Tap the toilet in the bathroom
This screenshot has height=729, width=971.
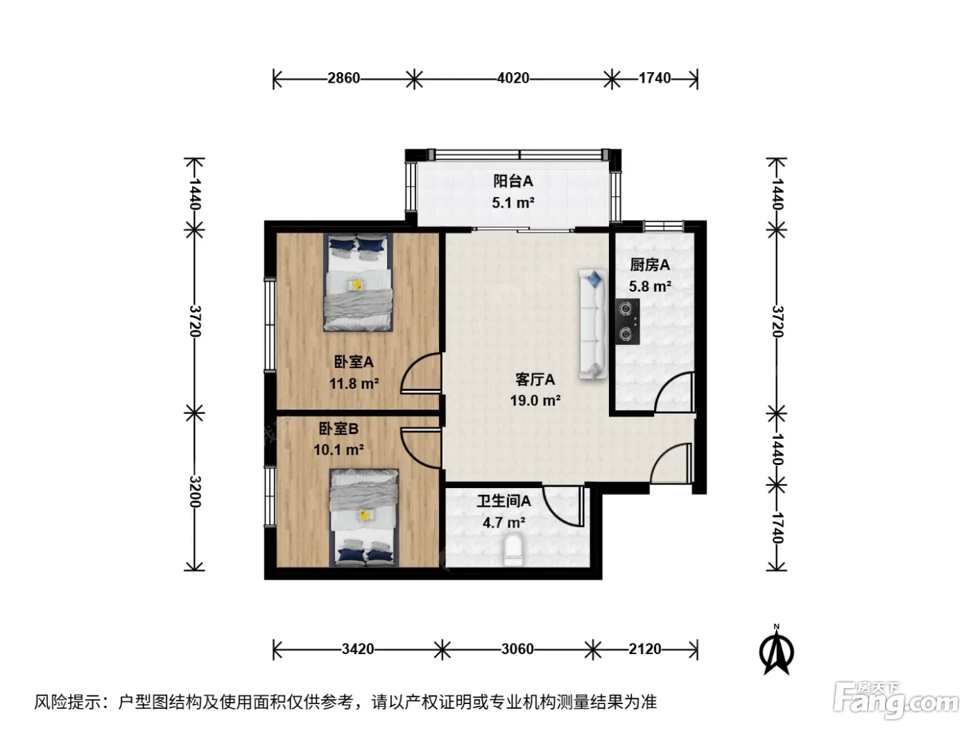pyautogui.click(x=513, y=550)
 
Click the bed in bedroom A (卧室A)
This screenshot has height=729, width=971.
pyautogui.click(x=358, y=282)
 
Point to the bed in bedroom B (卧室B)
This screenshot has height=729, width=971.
pyautogui.click(x=364, y=518)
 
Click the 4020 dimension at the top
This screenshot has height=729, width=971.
pyautogui.click(x=513, y=78)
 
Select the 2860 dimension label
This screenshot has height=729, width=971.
pyautogui.click(x=344, y=78)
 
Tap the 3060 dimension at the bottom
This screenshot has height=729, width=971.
pyautogui.click(x=517, y=649)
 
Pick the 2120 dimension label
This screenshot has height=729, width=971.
pyautogui.click(x=644, y=649)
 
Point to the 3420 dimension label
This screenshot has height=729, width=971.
pyautogui.click(x=358, y=649)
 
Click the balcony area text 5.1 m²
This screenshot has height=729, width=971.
pyautogui.click(x=513, y=203)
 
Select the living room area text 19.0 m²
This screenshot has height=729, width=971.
pyautogui.click(x=535, y=401)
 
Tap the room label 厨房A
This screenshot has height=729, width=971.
pyautogui.click(x=650, y=265)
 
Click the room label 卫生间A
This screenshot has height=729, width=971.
pyautogui.click(x=504, y=501)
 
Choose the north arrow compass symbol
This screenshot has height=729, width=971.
pyautogui.click(x=776, y=651)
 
